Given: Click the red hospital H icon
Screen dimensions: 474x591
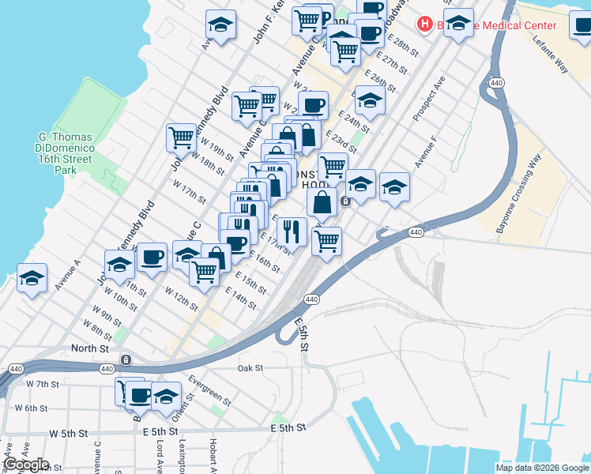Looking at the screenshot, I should (425, 25).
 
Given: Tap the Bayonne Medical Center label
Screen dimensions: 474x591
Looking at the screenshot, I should (506, 25).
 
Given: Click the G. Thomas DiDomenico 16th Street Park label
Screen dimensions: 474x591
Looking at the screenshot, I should (67, 153).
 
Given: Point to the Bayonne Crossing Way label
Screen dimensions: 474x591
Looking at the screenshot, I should (525, 185).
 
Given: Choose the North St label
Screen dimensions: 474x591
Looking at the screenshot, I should (89, 348).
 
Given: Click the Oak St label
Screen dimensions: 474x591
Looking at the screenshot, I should (250, 368).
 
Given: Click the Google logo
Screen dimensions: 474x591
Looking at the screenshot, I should (25, 465).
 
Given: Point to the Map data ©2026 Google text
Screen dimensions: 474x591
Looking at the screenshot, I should (542, 468).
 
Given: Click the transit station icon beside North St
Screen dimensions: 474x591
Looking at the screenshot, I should (126, 360).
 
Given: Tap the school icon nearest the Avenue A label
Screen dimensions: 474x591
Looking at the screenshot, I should (32, 278).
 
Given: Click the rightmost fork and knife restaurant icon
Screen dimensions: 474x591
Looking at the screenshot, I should (292, 231).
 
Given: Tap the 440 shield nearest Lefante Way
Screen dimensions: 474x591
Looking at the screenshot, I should (496, 82).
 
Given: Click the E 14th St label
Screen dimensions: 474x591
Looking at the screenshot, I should (241, 299).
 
